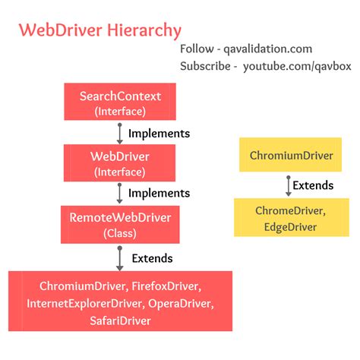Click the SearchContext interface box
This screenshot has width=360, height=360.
pos(121,103)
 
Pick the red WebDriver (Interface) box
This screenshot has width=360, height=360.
pos(121,163)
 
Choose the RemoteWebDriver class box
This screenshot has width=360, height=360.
pos(121,224)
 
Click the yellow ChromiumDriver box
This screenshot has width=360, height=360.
pos(291,156)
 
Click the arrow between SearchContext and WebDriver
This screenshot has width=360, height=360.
pos(119,134)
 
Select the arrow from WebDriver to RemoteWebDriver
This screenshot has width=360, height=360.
pos(119,194)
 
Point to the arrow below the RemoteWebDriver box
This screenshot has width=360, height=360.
pos(119,257)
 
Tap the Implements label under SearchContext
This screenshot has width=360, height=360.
pos(158,134)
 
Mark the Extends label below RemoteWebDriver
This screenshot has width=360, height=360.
pos(152,258)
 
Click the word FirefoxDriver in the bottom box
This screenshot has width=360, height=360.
pos(165,287)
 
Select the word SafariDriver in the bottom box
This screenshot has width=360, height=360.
pos(119,321)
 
